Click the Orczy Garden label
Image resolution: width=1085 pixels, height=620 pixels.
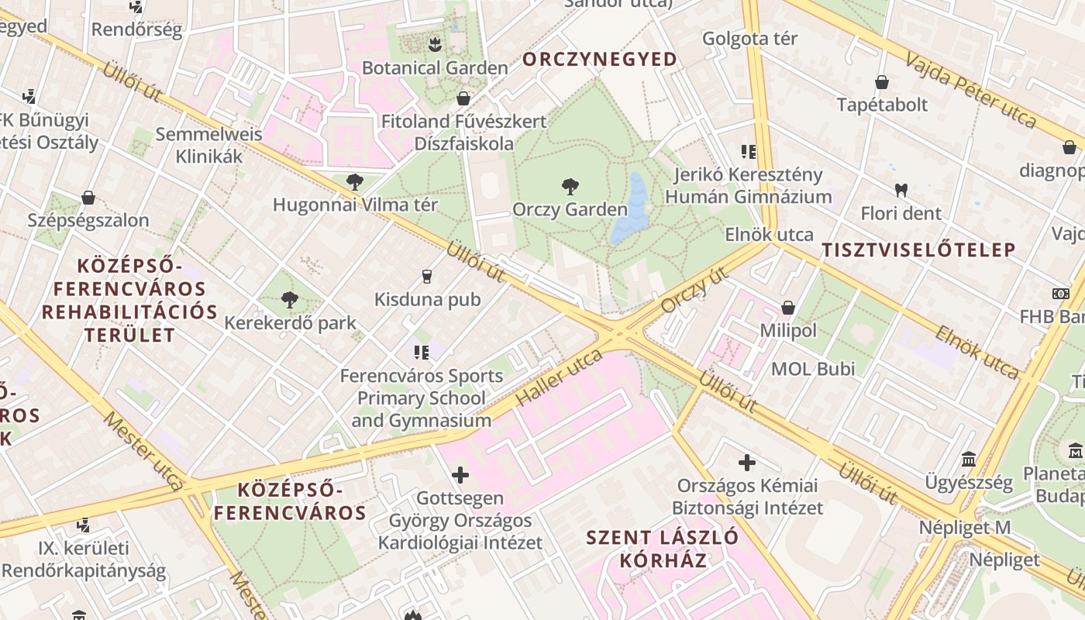click(570, 209)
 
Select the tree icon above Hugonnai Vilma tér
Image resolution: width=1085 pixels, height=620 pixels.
click(355, 183)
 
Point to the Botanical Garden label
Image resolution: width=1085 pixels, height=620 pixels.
click(435, 67)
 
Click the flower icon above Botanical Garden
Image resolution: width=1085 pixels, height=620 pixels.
click(435, 44)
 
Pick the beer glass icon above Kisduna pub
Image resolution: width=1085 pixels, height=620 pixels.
click(426, 276)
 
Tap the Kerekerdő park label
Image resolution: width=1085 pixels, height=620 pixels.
click(290, 322)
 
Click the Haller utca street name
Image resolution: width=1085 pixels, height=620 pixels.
click(558, 377)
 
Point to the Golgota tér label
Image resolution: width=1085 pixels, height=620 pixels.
click(749, 38)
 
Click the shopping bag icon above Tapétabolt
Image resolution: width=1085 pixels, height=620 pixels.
click(881, 81)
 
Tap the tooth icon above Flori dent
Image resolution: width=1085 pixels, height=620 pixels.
click(901, 189)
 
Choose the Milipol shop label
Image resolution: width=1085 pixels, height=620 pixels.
click(788, 330)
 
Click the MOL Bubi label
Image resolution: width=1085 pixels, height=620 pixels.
click(813, 369)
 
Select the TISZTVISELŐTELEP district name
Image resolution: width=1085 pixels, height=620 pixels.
click(918, 250)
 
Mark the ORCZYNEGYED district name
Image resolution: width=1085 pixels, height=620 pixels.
click(600, 59)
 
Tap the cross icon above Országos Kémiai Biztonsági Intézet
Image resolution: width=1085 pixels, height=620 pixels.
click(747, 463)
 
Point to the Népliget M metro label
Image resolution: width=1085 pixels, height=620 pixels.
click(964, 528)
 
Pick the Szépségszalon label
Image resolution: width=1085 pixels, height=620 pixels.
click(88, 220)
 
